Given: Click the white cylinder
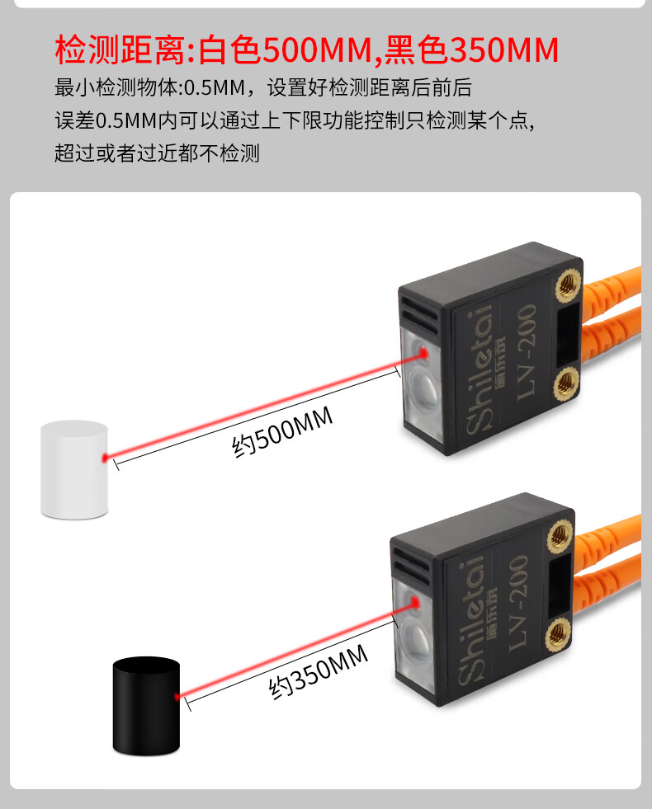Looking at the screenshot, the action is (x=74, y=470).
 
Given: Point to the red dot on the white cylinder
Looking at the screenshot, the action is (x=104, y=456).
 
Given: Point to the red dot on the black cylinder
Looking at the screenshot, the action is (x=177, y=696).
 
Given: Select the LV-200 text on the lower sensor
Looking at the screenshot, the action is (x=518, y=597).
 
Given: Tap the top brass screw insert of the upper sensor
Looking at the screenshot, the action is (x=567, y=285).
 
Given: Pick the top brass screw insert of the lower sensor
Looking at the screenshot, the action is (x=558, y=536).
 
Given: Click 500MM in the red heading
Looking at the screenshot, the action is (x=315, y=50).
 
